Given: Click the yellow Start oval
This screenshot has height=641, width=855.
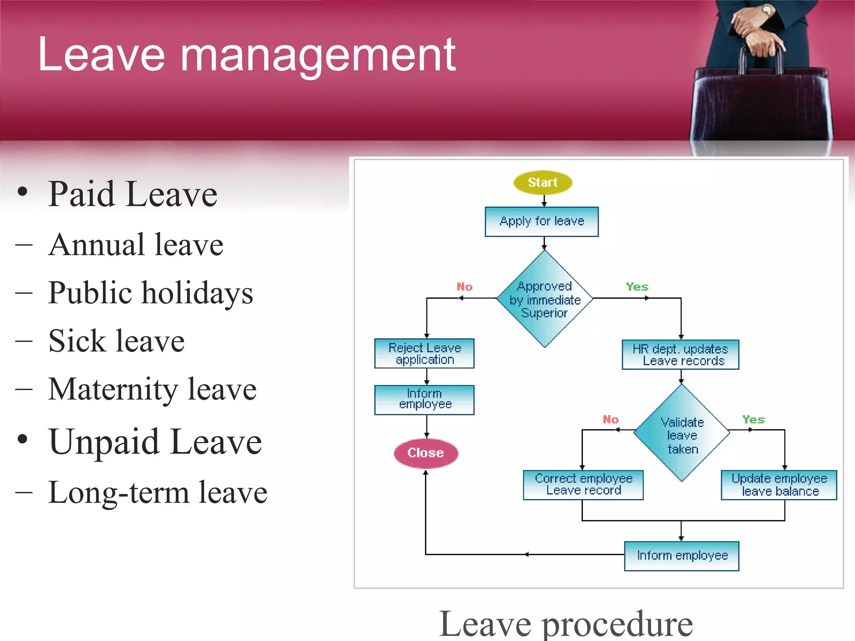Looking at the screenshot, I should [x=542, y=182].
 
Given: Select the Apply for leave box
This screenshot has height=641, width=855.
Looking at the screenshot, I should [x=541, y=222].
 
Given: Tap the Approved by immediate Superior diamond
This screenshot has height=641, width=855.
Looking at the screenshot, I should [x=544, y=299].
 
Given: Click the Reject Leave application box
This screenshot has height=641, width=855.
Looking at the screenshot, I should [x=424, y=353].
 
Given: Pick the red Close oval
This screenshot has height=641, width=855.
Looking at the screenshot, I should [x=425, y=453].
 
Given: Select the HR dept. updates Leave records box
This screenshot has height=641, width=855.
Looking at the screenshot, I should [x=680, y=355].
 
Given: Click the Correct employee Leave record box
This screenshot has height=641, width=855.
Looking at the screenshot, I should [x=583, y=485].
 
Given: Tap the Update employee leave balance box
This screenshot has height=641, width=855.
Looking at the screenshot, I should [x=779, y=485].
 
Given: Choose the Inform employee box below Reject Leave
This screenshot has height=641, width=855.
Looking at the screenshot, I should [x=424, y=399].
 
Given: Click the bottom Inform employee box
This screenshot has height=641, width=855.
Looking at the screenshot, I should [x=681, y=556].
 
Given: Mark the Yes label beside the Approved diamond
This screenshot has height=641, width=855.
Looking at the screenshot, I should [x=637, y=287].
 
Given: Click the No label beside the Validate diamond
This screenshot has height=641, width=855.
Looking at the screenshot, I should [x=610, y=419].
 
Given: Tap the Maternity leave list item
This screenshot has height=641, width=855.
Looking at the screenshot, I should [x=152, y=389].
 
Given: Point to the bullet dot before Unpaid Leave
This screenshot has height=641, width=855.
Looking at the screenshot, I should [x=23, y=439].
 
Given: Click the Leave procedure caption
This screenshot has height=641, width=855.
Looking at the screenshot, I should [x=566, y=624].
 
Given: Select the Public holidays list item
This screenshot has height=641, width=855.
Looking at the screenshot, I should [x=150, y=293].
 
